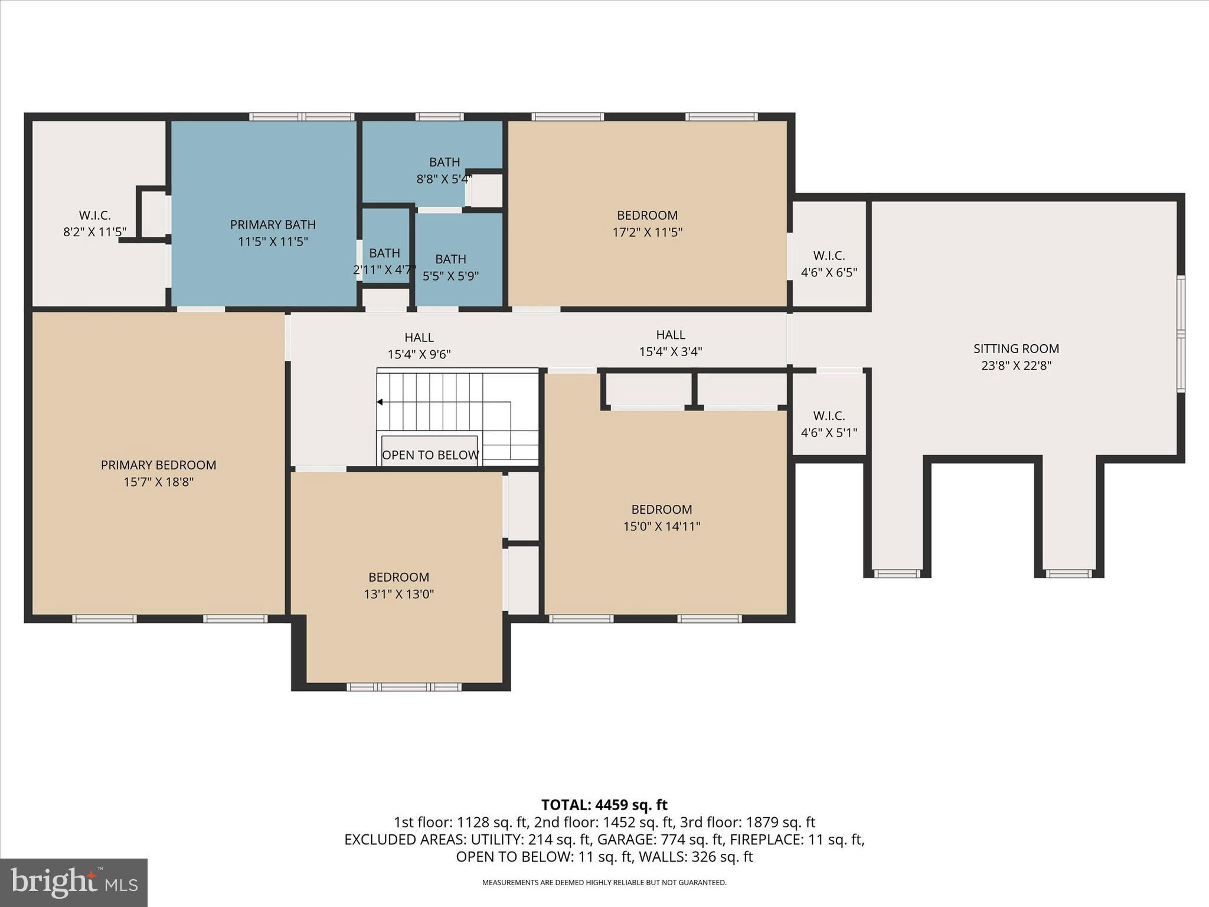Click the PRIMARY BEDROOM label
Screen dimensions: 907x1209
point(158,465)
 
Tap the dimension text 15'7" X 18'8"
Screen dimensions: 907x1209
point(158,482)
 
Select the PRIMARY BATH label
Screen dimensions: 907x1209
point(273,224)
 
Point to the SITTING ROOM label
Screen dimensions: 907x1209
point(1016,348)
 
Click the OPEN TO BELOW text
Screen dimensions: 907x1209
point(430,455)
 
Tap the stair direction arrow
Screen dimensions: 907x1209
point(380,402)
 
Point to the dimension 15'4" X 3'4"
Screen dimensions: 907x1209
point(671,352)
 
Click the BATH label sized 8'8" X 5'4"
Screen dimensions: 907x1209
point(445,162)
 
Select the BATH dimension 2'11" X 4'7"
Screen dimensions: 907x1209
point(384,270)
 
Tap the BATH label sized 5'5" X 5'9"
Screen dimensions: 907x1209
point(450,259)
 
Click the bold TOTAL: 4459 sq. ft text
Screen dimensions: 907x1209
point(604,805)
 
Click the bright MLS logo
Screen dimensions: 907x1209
point(74,882)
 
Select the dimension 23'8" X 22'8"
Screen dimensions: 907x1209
point(1016,366)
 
